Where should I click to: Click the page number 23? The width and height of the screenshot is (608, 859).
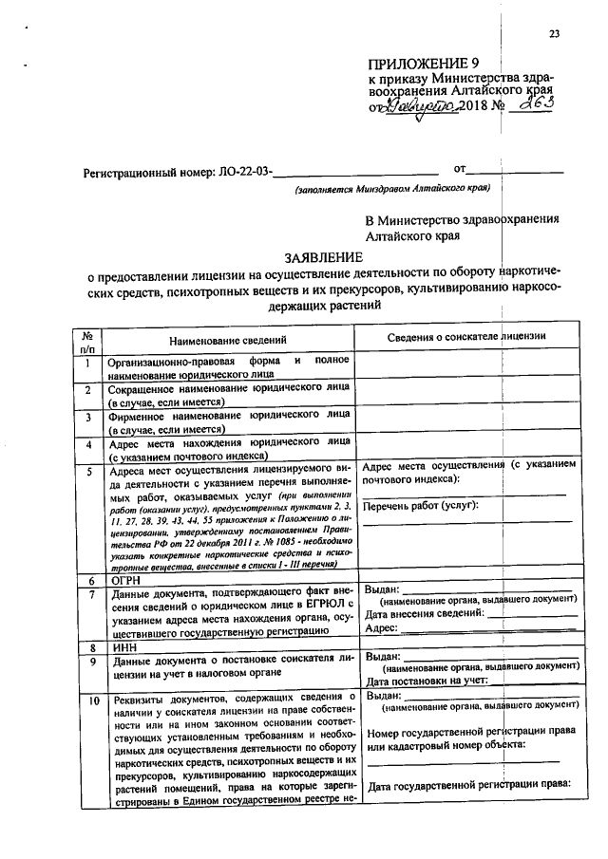tap(554, 35)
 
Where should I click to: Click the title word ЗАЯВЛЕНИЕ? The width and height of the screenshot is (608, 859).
tap(323, 257)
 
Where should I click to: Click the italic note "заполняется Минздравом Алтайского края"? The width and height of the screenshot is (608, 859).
tap(390, 189)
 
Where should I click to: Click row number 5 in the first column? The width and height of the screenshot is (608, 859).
tap(88, 471)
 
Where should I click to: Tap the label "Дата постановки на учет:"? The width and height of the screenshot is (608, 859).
tap(427, 680)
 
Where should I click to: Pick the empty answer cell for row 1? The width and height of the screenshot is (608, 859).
tap(466, 366)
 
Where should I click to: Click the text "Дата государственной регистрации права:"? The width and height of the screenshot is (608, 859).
tap(467, 784)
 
